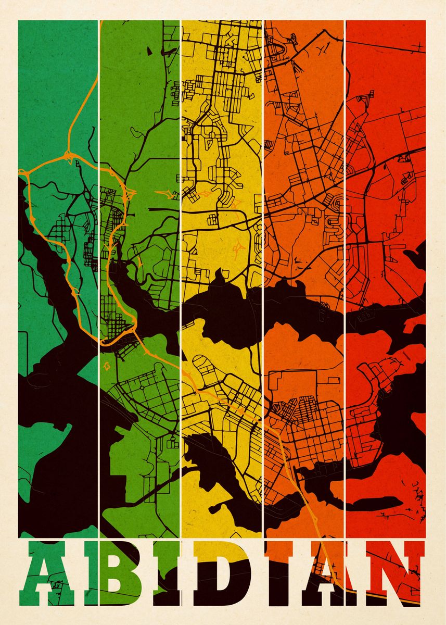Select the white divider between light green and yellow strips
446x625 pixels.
[x=181, y=260]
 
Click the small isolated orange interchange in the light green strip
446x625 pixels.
[x=168, y=194]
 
